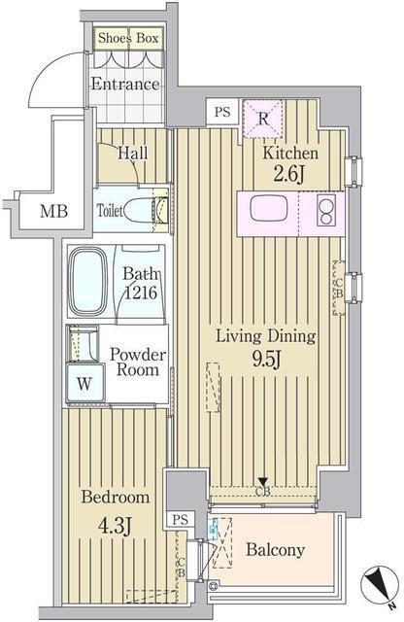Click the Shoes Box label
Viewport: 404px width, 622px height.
click(128, 38)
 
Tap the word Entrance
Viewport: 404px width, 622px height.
click(125, 84)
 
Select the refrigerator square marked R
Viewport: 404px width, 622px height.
click(263, 119)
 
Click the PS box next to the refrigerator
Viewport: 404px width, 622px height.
click(222, 112)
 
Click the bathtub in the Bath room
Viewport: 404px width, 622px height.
click(88, 281)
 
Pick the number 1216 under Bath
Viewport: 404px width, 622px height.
click(141, 293)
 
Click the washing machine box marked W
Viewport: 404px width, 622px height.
click(84, 384)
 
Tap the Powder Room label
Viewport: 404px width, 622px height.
click(138, 362)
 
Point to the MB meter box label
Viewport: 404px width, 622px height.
click(54, 211)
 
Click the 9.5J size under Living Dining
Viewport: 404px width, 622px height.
click(266, 360)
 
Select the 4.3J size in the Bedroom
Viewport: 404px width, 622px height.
click(115, 527)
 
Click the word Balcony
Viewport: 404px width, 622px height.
click(275, 549)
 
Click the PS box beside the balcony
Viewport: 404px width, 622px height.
click(181, 520)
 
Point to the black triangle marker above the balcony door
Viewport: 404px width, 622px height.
click(263, 481)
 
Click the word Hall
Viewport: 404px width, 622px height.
click(133, 153)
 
